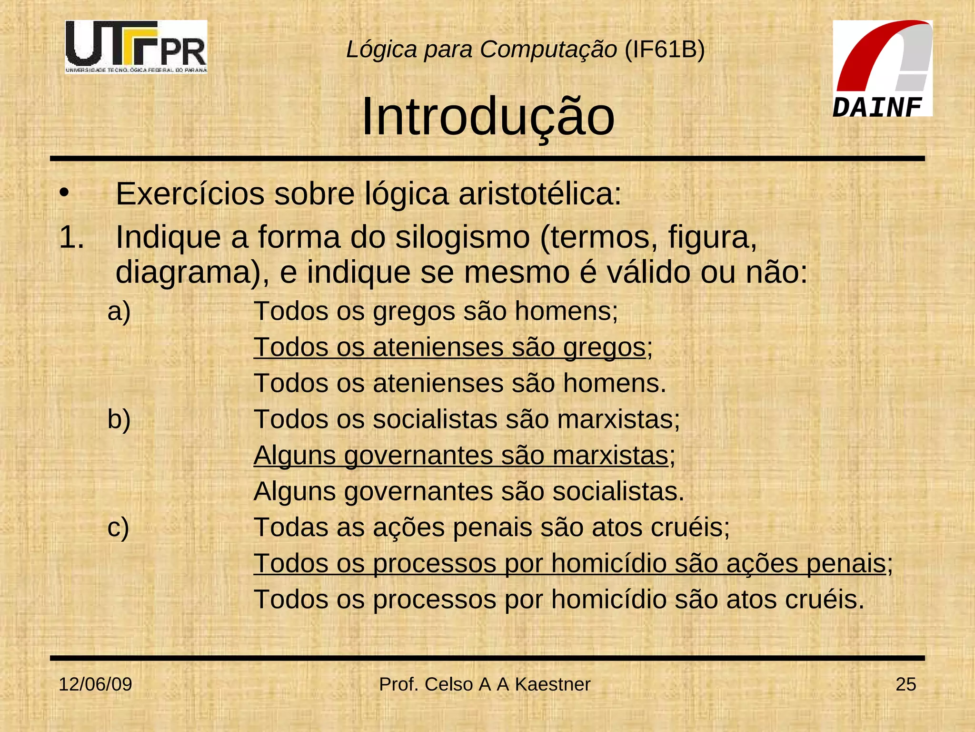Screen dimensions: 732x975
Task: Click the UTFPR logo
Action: coord(136,47)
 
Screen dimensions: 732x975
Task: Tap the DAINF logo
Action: coord(882,69)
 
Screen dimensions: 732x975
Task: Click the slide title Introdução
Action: coord(488,117)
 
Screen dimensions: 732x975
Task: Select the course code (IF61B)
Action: coord(664,49)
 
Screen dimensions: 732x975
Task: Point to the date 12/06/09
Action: coord(95,684)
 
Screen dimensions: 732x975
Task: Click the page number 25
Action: coord(905,684)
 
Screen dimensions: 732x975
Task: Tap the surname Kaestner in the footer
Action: coord(552,684)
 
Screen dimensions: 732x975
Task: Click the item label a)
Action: coord(119,312)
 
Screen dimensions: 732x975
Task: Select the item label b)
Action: coord(119,419)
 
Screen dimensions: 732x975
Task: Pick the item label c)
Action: coord(118,528)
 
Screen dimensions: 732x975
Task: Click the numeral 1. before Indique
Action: coord(71,237)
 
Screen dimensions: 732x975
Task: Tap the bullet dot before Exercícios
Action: coord(64,193)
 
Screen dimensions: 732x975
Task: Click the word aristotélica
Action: coord(540,194)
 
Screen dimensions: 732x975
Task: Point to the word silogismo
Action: coord(462,237)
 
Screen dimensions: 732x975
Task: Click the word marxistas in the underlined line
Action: coord(611,455)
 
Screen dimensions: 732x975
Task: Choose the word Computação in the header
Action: coord(548,50)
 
